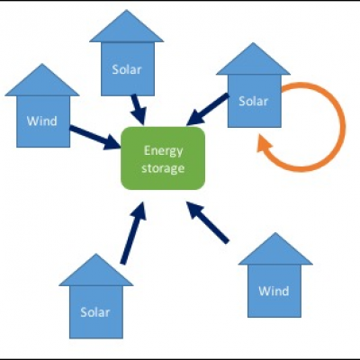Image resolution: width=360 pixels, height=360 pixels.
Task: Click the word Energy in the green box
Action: (x=163, y=151)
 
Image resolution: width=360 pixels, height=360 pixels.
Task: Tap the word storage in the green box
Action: (x=163, y=168)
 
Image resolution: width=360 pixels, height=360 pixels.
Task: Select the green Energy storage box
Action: (x=163, y=158)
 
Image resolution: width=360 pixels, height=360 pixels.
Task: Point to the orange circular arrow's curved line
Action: (x=343, y=126)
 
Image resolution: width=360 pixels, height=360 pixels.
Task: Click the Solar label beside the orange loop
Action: (x=253, y=102)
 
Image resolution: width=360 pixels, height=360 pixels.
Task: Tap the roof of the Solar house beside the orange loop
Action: (x=253, y=60)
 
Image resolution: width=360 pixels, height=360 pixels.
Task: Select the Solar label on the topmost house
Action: (x=127, y=69)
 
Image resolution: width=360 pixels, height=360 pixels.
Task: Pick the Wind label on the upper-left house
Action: (x=42, y=121)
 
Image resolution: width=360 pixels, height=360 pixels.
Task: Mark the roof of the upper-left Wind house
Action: (x=42, y=81)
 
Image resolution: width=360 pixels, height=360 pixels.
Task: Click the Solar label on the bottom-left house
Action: (x=94, y=312)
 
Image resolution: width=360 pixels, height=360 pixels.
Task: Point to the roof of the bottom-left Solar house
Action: (x=96, y=271)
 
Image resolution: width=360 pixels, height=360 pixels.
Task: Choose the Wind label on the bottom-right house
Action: (x=274, y=291)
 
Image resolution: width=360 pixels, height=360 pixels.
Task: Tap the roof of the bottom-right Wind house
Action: (x=275, y=250)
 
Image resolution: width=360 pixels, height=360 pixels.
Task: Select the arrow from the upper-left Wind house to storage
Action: (x=95, y=138)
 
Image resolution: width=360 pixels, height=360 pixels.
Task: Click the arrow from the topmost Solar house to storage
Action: (x=139, y=110)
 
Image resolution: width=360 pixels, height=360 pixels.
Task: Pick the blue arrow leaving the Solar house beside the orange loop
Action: (x=208, y=110)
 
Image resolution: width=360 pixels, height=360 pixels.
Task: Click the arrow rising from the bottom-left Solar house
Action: (x=133, y=233)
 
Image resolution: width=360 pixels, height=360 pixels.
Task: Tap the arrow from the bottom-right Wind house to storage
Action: (x=208, y=222)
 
